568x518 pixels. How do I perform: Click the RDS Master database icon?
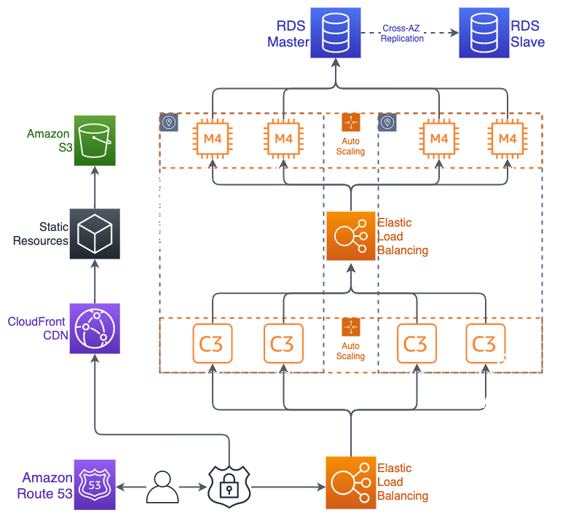pyautogui.click(x=336, y=32)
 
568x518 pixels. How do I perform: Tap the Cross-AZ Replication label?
pyautogui.click(x=402, y=34)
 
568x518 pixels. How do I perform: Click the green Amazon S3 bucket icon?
pyautogui.click(x=95, y=141)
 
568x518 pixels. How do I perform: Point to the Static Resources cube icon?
pyautogui.click(x=95, y=234)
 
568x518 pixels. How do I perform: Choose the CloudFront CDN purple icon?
pyautogui.click(x=95, y=329)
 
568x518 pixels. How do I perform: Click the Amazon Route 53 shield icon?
pyautogui.click(x=95, y=484)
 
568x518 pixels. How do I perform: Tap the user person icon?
pyautogui.click(x=162, y=486)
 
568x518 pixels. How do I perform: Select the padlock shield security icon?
pyautogui.click(x=229, y=485)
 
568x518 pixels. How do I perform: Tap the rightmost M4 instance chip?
pyautogui.click(x=506, y=138)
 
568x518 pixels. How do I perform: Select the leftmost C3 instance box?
pyautogui.click(x=211, y=342)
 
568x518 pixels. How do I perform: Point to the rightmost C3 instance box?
pyautogui.click(x=484, y=342)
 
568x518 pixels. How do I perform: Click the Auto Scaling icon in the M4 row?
pyautogui.click(x=351, y=122)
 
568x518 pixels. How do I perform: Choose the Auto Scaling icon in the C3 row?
pyautogui.click(x=351, y=326)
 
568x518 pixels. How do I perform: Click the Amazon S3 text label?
pyautogui.click(x=48, y=141)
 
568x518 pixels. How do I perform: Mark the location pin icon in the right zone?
pyautogui.click(x=387, y=122)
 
